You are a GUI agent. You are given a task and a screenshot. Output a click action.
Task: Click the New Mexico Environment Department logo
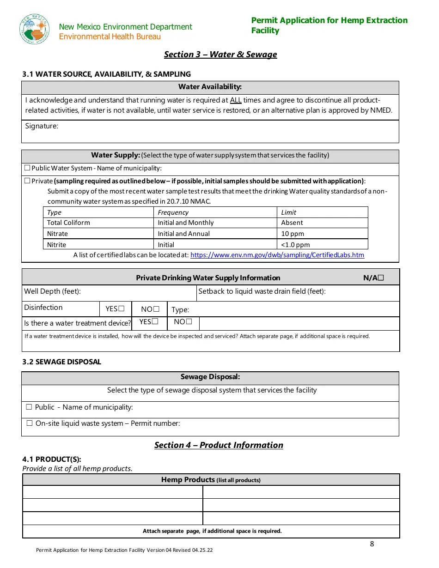point(35,30)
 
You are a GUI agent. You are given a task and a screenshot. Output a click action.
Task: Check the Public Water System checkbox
point(27,168)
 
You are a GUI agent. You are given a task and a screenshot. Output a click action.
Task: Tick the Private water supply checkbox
point(27,181)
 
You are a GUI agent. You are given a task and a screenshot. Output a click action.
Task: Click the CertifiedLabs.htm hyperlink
point(277,255)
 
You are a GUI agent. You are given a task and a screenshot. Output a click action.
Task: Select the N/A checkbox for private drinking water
point(381,278)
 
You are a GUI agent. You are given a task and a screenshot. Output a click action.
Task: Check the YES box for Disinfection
point(122,308)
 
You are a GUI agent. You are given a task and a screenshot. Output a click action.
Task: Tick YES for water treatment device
point(155,321)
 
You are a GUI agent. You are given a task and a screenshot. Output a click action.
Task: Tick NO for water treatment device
point(189,321)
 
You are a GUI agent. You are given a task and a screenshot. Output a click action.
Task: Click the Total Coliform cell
point(68,223)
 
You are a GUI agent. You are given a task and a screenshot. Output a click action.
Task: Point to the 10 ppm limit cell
point(293,234)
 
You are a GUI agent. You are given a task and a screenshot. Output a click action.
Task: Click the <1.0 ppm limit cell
point(295,245)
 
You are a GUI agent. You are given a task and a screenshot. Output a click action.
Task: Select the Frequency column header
point(173,212)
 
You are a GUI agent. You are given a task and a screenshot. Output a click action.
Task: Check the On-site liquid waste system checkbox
point(30,423)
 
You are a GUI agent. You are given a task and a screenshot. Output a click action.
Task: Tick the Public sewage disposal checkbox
point(29,407)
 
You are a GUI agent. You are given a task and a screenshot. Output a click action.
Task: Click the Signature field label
point(42,126)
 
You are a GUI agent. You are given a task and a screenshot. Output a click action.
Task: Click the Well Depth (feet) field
point(52,291)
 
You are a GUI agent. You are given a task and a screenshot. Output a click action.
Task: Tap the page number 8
point(372,544)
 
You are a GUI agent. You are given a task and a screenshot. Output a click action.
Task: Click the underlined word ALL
point(236,100)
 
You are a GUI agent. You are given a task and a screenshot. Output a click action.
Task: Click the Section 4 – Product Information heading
point(219,445)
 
